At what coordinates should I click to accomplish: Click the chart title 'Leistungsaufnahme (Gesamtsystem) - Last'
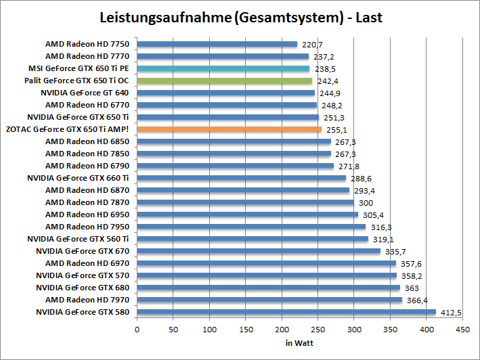click(240, 17)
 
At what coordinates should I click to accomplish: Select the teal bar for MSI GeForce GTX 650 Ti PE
click(223, 68)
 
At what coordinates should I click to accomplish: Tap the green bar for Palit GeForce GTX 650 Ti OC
click(225, 81)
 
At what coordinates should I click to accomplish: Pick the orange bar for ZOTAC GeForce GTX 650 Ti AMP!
click(230, 129)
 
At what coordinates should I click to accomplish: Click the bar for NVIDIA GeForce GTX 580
click(286, 312)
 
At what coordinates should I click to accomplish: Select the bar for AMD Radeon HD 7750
click(217, 44)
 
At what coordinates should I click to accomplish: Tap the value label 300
click(366, 202)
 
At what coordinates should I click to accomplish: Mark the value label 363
click(412, 288)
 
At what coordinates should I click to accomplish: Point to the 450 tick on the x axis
click(463, 330)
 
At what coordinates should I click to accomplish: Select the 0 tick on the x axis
click(137, 330)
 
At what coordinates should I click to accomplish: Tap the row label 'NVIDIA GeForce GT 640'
click(85, 93)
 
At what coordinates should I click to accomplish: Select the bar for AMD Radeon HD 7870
click(246, 202)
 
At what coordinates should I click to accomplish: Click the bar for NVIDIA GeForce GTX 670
click(259, 251)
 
